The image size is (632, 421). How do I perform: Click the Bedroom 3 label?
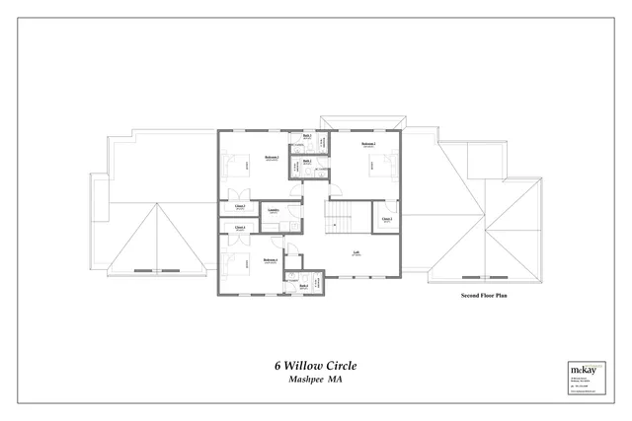pyautogui.click(x=272, y=158)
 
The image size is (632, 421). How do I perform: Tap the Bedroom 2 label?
pyautogui.click(x=368, y=145)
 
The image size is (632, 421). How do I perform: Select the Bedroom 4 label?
pyautogui.click(x=270, y=261)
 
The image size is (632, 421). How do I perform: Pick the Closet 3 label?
pyautogui.click(x=240, y=206)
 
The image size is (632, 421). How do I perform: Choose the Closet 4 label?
pyautogui.click(x=240, y=228)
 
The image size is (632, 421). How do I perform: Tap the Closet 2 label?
pyautogui.click(x=387, y=219)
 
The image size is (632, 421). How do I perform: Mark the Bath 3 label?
pyautogui.click(x=307, y=135)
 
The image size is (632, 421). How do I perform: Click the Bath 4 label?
pyautogui.click(x=304, y=286)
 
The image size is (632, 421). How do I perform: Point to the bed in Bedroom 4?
pyautogui.click(x=230, y=262)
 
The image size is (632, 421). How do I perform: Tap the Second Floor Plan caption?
pyautogui.click(x=484, y=295)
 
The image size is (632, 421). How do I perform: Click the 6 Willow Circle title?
pyautogui.click(x=315, y=365)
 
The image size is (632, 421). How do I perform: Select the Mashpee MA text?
pyautogui.click(x=315, y=380)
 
